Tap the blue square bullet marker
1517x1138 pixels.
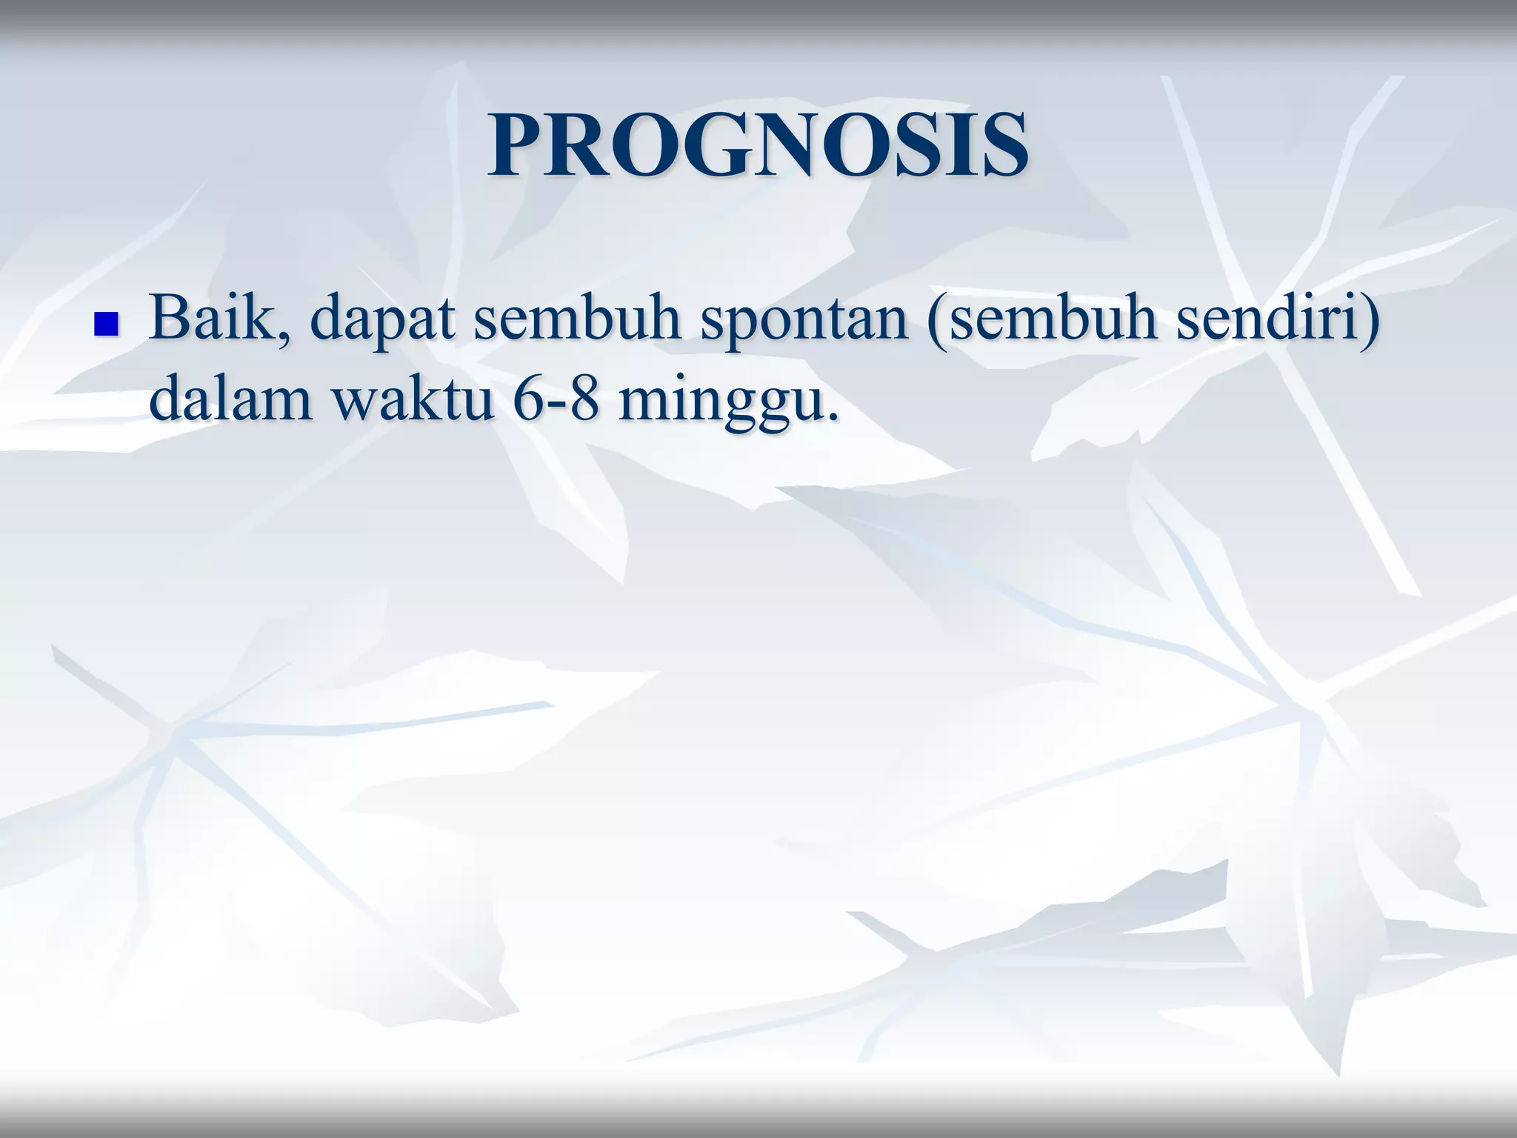(107, 325)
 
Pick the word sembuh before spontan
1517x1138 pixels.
(577, 319)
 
